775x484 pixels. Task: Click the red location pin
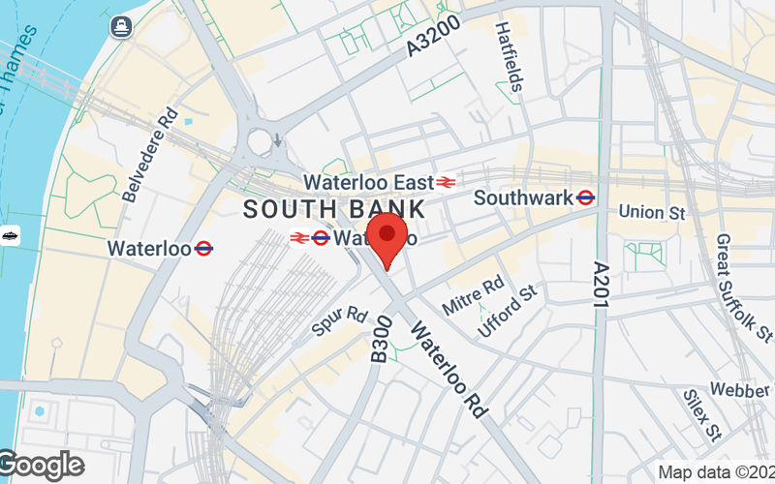point(389,240)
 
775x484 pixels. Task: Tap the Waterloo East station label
point(367,182)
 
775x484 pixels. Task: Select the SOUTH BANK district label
point(333,208)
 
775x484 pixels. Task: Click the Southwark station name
point(522,198)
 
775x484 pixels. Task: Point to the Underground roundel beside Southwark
point(585,198)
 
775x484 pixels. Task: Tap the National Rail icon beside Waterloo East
point(446,182)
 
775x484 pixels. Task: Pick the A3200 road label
point(431,45)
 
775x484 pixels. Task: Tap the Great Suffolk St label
point(744,287)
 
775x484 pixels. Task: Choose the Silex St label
point(701,412)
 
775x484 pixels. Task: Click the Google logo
point(41,465)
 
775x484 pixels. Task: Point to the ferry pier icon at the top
point(121,25)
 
